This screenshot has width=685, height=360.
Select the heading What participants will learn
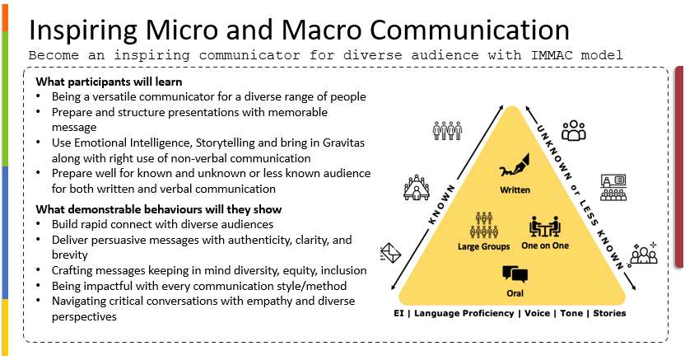[x=110, y=82]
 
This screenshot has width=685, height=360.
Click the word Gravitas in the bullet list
[x=343, y=143]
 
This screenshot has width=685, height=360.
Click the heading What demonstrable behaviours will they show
[x=159, y=209]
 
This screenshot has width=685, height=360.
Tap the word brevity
[x=70, y=255]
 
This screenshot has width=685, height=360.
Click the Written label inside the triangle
[x=515, y=190]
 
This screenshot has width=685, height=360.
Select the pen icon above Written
[x=515, y=165]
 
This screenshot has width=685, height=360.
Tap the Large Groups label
[x=483, y=247]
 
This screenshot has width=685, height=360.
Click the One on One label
[x=545, y=245]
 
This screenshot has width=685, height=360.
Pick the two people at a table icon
[x=545, y=227]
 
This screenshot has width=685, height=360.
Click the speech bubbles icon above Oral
[x=515, y=275]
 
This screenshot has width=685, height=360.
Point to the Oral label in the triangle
[x=515, y=293]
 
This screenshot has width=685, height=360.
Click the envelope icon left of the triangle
[x=390, y=253]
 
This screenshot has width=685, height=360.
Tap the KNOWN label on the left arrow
[x=441, y=204]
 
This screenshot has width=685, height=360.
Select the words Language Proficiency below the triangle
[x=464, y=313]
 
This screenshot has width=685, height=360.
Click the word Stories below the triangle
[x=609, y=313]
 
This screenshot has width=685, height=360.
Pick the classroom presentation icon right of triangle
[x=613, y=188]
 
